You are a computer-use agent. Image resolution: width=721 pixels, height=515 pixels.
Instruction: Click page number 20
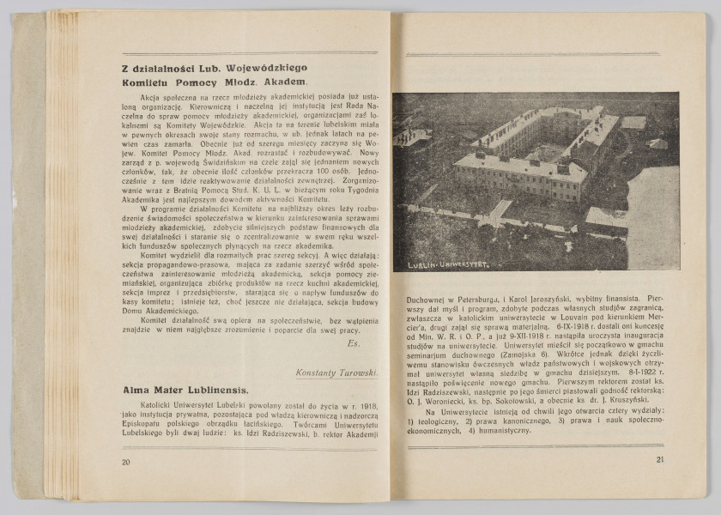126,461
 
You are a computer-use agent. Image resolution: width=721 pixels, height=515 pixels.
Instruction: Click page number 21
660,459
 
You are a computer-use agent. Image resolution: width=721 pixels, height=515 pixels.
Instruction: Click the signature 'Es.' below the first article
354,343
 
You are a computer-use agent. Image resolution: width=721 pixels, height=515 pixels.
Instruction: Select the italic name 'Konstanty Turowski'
336,373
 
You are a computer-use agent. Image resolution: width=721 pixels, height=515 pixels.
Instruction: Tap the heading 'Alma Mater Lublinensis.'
185,390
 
